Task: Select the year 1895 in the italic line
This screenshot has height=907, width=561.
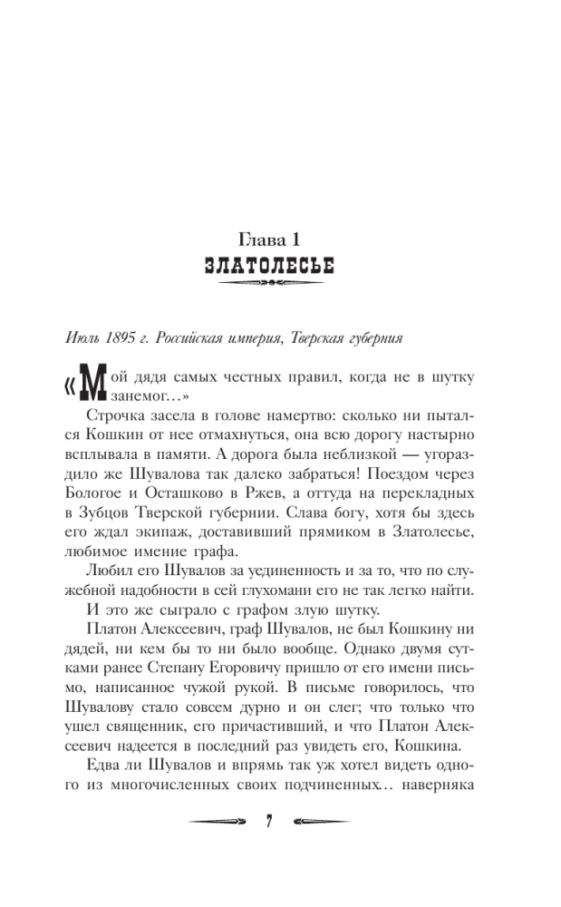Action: click(119, 339)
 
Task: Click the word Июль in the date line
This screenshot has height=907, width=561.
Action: click(82, 339)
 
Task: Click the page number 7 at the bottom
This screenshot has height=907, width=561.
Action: click(269, 820)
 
